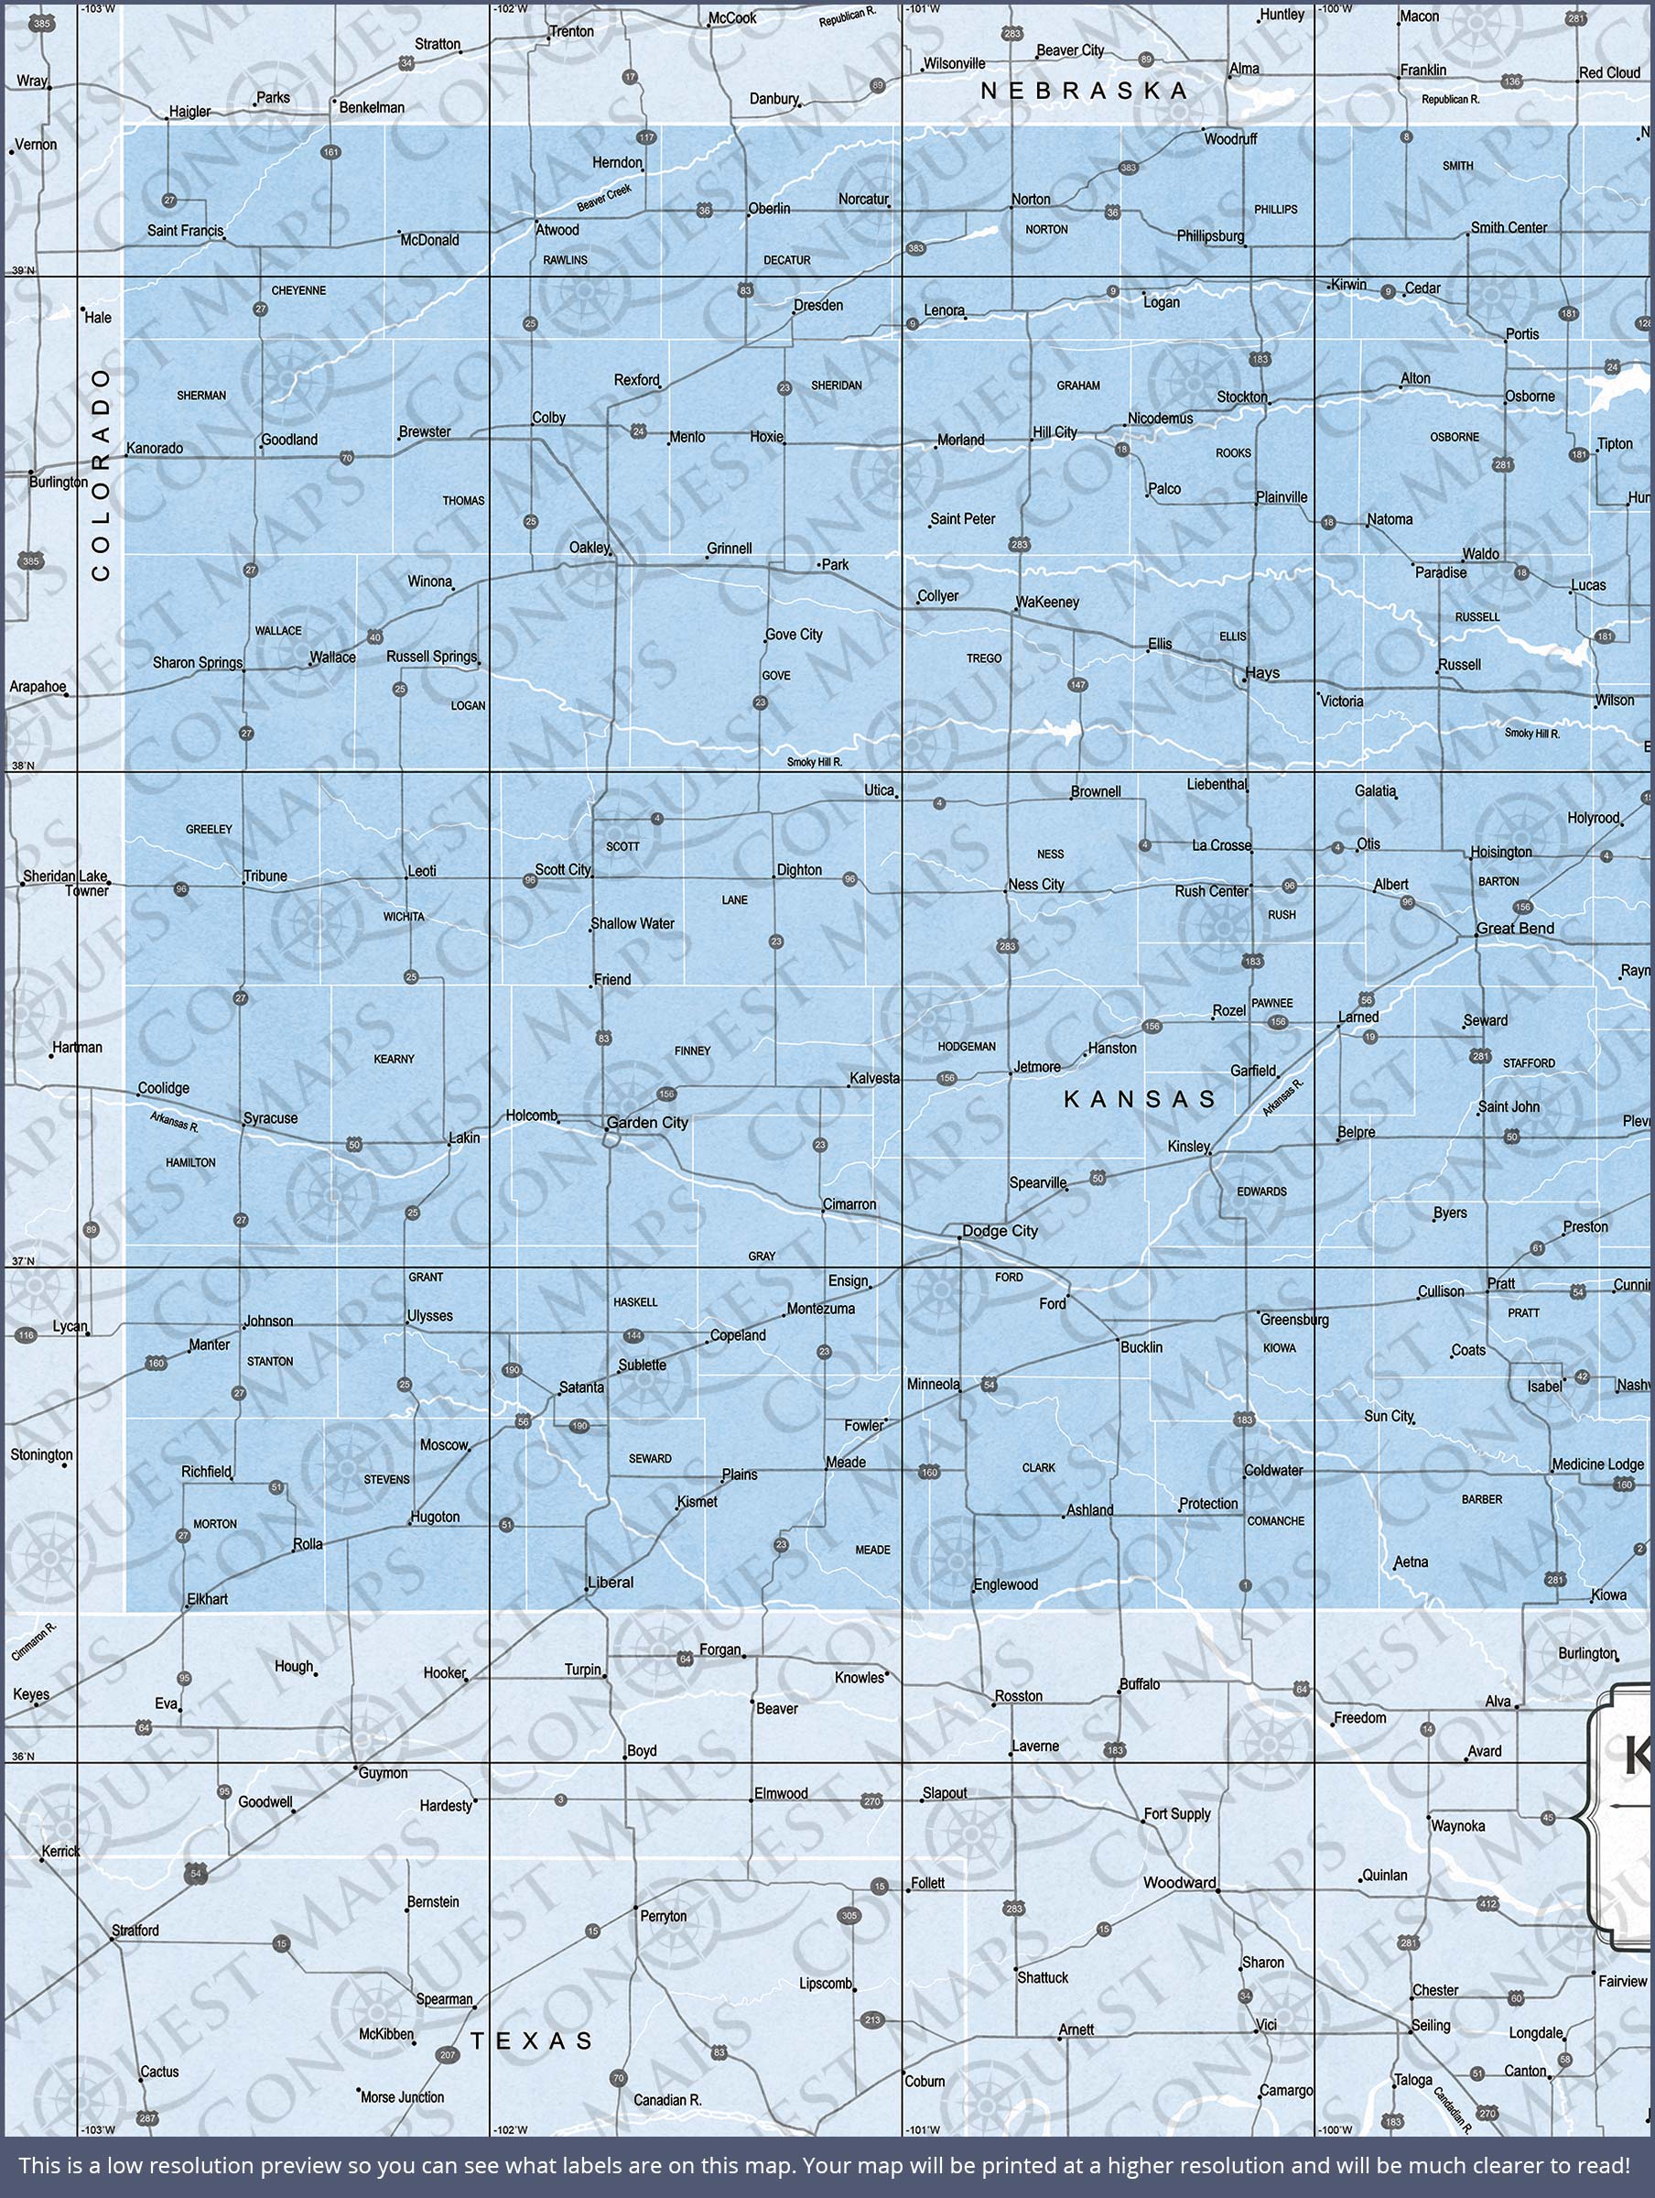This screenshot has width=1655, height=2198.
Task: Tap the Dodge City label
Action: coord(1000,1230)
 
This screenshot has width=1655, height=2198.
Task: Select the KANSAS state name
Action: coord(1140,1098)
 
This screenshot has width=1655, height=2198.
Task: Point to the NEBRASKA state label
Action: coord(1084,91)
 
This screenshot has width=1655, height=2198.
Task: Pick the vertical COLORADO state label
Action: coord(102,474)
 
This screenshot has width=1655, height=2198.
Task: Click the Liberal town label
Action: coord(610,1582)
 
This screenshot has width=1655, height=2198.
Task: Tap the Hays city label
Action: coord(1262,673)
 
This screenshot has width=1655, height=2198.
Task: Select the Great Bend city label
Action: coord(1515,928)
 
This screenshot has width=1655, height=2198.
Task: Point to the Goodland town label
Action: coord(289,440)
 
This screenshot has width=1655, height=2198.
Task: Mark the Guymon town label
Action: coord(383,1773)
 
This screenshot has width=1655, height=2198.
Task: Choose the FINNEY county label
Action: coord(692,1050)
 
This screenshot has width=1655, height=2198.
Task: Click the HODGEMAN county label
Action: coord(966,1046)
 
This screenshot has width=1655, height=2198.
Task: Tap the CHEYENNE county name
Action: coord(298,291)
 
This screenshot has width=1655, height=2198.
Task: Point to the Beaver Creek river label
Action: coord(604,198)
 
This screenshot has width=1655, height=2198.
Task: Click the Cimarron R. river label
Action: coord(35,1641)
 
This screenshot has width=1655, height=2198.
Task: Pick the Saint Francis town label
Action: coord(186,232)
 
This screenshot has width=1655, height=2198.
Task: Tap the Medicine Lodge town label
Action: coord(1597,1464)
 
